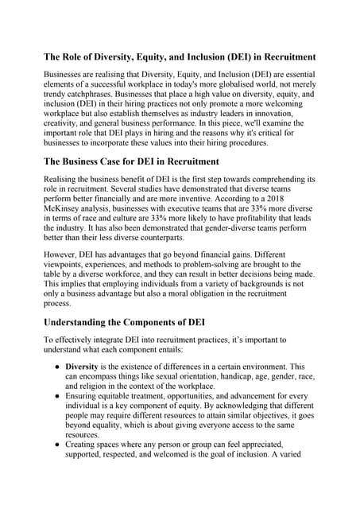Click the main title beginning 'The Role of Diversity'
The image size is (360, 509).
(x=179, y=57)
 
